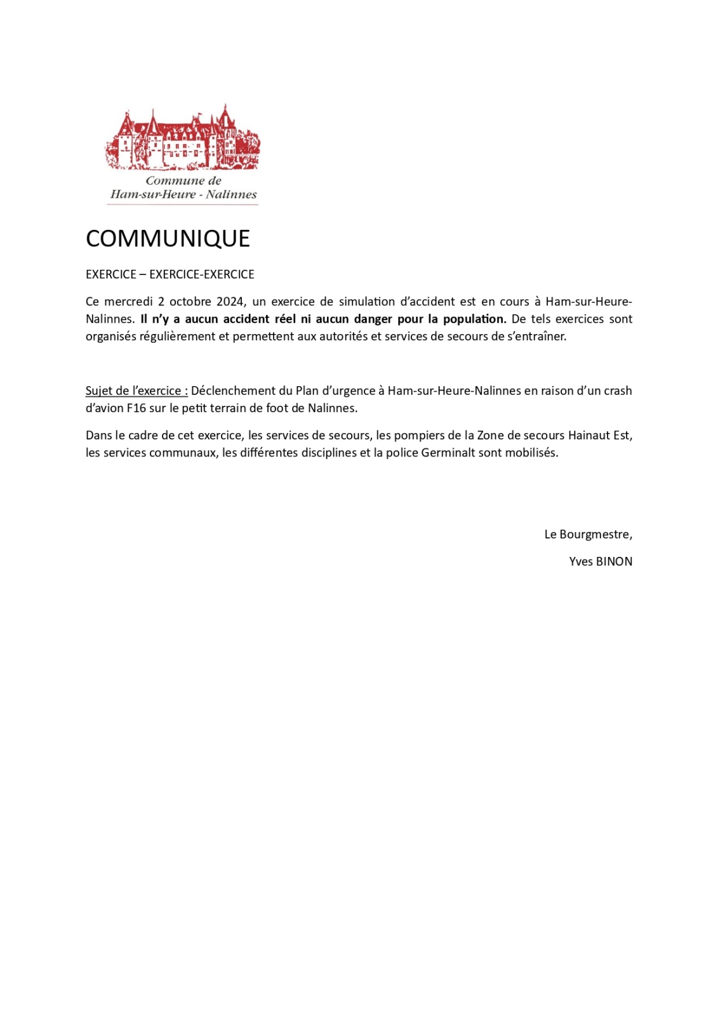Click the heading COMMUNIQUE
(168, 239)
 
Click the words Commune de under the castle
(183, 180)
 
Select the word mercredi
(128, 302)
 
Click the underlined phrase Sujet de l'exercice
(136, 391)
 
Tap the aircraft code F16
(136, 408)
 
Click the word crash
(618, 391)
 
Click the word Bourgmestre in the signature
(595, 535)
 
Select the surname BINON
(614, 562)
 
